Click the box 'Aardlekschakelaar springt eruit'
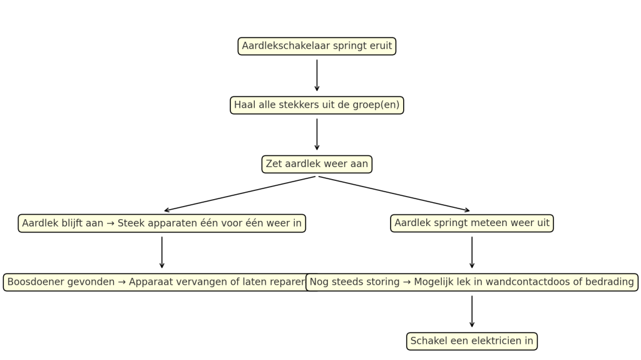click(317, 46)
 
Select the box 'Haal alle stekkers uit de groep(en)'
click(317, 105)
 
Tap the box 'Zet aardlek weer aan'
click(317, 164)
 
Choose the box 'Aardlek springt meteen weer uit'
click(471, 223)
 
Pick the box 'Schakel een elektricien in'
click(471, 341)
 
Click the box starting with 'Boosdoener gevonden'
click(156, 282)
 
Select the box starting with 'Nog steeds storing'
click(471, 282)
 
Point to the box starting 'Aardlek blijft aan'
click(162, 223)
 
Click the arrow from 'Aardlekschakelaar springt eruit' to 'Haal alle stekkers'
click(317, 75)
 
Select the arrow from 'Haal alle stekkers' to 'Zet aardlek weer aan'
click(317, 134)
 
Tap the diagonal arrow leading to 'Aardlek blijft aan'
click(240, 193)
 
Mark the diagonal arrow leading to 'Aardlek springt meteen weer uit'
click(394, 193)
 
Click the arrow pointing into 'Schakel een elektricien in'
click(471, 311)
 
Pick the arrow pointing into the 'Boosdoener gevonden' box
click(162, 252)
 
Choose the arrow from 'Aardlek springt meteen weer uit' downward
click(471, 252)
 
